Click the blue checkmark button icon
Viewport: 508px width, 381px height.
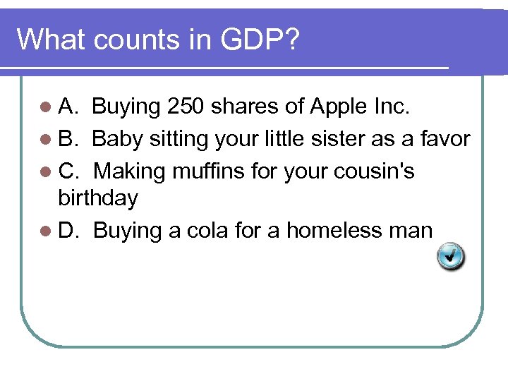pyautogui.click(x=450, y=256)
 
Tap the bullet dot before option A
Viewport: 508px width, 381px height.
pyautogui.click(x=45, y=107)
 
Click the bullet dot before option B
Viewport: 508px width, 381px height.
pyautogui.click(x=45, y=140)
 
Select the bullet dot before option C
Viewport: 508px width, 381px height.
pyautogui.click(x=45, y=171)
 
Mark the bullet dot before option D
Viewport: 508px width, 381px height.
pyautogui.click(x=45, y=231)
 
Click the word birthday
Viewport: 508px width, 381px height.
pyautogui.click(x=98, y=198)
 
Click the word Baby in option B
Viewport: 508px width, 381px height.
pyautogui.click(x=115, y=139)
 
